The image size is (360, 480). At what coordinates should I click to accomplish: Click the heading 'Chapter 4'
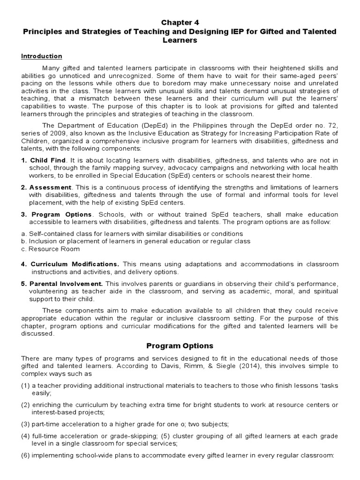coord(180,22)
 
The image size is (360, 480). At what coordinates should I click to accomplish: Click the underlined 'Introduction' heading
coord(41,56)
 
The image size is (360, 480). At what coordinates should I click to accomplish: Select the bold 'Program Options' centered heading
coord(180,346)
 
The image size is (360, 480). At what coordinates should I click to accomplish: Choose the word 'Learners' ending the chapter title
coord(180,41)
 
